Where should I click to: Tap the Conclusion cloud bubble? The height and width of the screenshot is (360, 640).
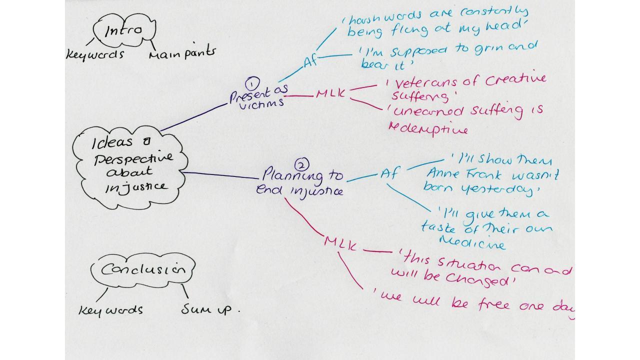tap(142, 270)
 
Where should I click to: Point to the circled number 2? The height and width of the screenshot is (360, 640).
tap(301, 164)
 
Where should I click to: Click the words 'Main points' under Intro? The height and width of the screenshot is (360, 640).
tap(182, 52)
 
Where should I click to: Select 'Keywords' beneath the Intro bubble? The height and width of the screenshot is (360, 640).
tap(95, 53)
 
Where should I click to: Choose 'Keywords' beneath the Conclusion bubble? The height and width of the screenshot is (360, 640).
tap(110, 310)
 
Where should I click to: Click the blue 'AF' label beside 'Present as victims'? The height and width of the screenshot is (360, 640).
tap(310, 62)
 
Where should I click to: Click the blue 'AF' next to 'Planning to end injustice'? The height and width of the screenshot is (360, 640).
tap(389, 174)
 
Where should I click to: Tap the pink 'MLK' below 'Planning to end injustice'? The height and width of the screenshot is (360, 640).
tap(340, 243)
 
